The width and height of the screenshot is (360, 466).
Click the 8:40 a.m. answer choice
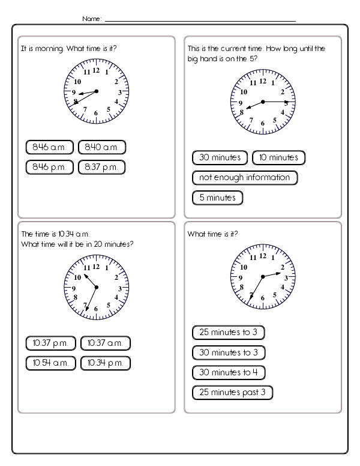click(x=101, y=148)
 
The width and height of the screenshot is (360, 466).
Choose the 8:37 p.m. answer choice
click(x=101, y=166)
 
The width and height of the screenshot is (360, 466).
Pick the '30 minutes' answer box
click(x=220, y=158)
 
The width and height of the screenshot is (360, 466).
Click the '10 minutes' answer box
click(x=279, y=158)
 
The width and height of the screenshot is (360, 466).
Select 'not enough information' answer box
click(x=245, y=178)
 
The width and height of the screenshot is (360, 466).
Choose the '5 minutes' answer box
click(x=217, y=198)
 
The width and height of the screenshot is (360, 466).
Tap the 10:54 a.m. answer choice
click(x=50, y=363)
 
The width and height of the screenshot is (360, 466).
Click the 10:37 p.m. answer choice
click(x=50, y=343)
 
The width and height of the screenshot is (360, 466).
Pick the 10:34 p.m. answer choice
click(x=106, y=363)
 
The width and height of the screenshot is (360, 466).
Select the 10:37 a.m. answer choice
click(x=106, y=343)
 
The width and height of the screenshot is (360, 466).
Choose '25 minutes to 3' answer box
click(x=228, y=333)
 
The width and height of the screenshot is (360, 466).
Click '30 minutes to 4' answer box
click(x=228, y=372)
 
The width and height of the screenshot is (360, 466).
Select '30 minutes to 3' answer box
click(x=228, y=353)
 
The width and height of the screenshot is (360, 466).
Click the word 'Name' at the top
click(x=91, y=19)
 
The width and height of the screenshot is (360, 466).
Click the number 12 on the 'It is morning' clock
click(x=96, y=70)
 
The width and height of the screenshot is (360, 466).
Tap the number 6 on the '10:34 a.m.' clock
click(x=96, y=309)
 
